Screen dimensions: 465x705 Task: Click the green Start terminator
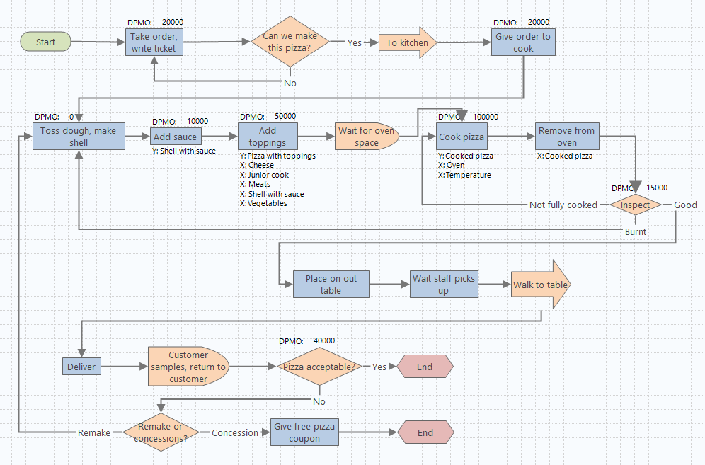[x=46, y=42]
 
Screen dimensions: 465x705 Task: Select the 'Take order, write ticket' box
[x=154, y=42]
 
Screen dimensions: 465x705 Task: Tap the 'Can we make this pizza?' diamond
[x=291, y=42]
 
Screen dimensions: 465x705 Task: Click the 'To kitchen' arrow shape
[x=408, y=42]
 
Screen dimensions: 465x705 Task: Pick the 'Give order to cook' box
[x=524, y=42]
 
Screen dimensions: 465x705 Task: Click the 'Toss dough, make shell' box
[x=79, y=137]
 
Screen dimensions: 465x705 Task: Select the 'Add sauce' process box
[x=176, y=137]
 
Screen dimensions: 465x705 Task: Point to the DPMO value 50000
[x=285, y=117]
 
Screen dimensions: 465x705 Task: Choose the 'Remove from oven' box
[x=566, y=137]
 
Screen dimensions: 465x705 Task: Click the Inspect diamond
[x=635, y=205]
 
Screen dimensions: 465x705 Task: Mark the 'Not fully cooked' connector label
[x=563, y=205]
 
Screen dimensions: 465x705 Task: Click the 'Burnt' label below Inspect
[x=636, y=231]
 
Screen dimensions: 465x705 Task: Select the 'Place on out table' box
[x=331, y=285]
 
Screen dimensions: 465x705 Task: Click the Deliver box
[x=81, y=367]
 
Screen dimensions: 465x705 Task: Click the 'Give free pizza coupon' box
[x=304, y=432]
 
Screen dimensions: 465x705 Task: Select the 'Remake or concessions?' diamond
[x=161, y=432]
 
